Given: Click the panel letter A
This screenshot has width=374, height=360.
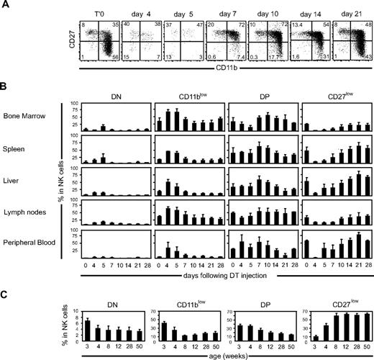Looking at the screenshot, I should click(x=5, y=6).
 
